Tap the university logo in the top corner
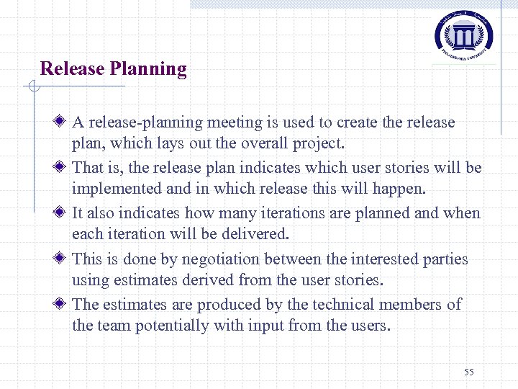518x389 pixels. click(464, 34)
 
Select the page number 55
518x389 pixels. click(469, 372)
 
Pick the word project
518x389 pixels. click(317, 144)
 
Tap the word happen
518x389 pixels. click(401, 189)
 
